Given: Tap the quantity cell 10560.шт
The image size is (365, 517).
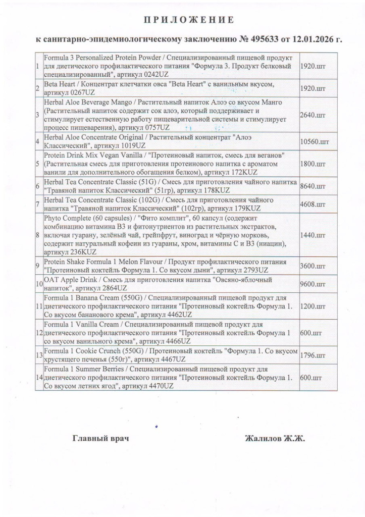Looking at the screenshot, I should tap(314, 141).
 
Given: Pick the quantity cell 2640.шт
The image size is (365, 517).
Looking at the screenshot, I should tap(312, 115).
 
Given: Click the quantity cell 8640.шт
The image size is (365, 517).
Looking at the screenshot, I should tap(312, 186).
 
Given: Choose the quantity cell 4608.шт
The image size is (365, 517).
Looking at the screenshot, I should tap(312, 204).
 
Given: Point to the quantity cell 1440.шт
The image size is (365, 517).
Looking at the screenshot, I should tap(312, 235).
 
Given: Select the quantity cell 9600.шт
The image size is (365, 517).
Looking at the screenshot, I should tap(312, 284).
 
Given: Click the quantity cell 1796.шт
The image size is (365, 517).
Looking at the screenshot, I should tap(312, 355).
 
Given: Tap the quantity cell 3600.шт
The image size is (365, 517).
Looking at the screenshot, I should tap(312, 266).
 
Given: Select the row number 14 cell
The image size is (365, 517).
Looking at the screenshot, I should tap(39, 378).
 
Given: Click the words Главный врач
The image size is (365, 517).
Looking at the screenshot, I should tap(101, 438).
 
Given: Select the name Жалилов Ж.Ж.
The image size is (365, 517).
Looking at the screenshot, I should tap(275, 438).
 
